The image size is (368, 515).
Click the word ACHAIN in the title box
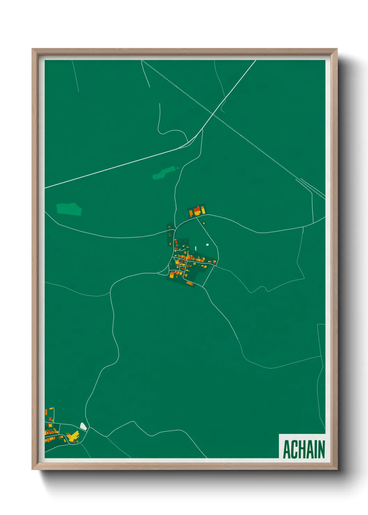pyautogui.click(x=304, y=449)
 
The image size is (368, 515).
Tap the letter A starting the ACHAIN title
pyautogui.click(x=287, y=449)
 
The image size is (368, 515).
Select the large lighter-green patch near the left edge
pyautogui.click(x=69, y=209)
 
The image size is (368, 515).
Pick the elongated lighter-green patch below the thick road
pyautogui.click(x=164, y=173)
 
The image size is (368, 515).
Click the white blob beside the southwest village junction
pyautogui.click(x=83, y=426)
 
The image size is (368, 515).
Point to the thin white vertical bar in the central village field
pyautogui.click(x=196, y=248)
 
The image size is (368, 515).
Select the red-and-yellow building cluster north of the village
pyautogui.click(x=197, y=211)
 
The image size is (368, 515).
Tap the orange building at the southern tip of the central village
pyautogui.click(x=190, y=283)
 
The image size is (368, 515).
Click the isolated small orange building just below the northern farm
pyautogui.click(x=203, y=223)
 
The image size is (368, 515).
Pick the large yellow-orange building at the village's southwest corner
pyautogui.click(x=173, y=275)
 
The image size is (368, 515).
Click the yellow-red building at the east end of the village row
pyautogui.click(x=214, y=262)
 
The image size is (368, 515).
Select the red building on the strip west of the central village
pyautogui.click(x=170, y=235)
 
